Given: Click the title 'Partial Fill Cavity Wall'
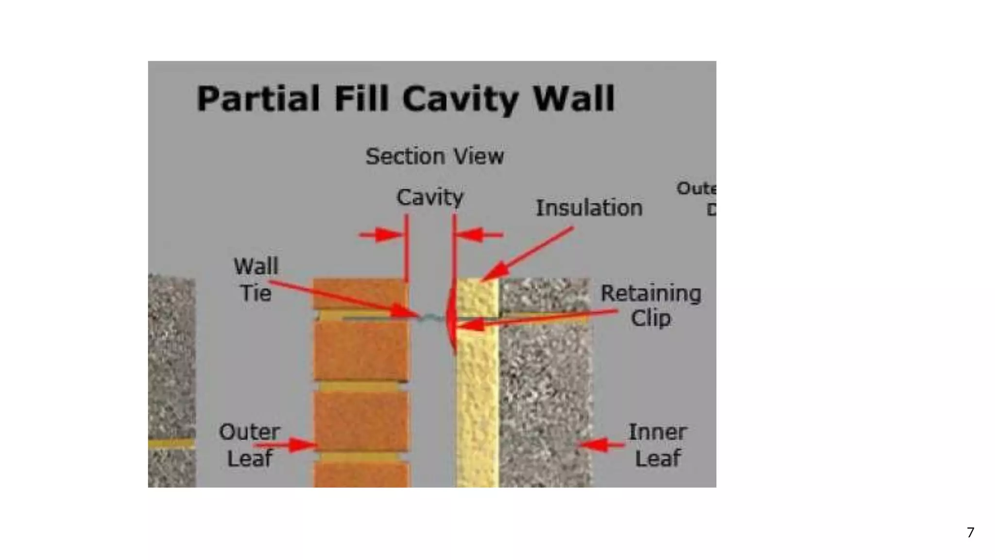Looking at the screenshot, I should click(406, 99).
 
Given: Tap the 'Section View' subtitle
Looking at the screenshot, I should click(434, 157).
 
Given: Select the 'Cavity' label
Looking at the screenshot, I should click(430, 197).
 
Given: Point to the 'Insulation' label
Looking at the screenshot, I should click(589, 208).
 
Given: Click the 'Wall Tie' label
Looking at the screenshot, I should click(256, 280).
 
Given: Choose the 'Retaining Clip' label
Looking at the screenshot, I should click(651, 306).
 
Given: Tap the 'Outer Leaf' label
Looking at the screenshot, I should click(249, 445).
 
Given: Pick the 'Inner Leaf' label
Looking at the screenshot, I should click(657, 445).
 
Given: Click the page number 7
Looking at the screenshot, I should click(970, 532).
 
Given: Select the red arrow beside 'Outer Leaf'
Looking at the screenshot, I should click(287, 444).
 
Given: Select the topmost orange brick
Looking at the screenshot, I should click(360, 294).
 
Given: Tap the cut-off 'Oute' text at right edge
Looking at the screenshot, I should click(696, 189).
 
